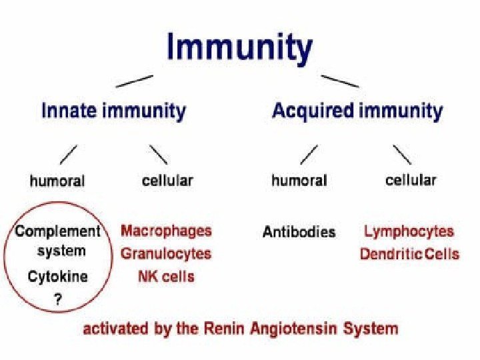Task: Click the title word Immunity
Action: click(x=239, y=49)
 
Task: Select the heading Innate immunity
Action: click(x=113, y=110)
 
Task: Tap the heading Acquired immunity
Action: click(x=357, y=110)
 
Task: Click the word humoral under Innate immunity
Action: click(x=57, y=181)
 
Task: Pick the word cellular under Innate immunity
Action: click(x=167, y=180)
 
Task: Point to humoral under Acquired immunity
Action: click(x=299, y=180)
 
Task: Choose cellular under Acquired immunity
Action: click(x=411, y=179)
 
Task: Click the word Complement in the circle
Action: click(x=58, y=232)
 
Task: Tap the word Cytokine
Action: click(x=57, y=276)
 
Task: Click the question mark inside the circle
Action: click(x=58, y=299)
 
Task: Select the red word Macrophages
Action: click(x=166, y=231)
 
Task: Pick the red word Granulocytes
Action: click(x=166, y=253)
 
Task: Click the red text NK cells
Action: click(x=166, y=275)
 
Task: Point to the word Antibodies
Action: click(x=299, y=232)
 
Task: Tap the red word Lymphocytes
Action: click(x=409, y=231)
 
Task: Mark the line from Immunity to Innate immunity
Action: click(x=135, y=81)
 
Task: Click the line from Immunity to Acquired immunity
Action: click(x=340, y=81)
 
